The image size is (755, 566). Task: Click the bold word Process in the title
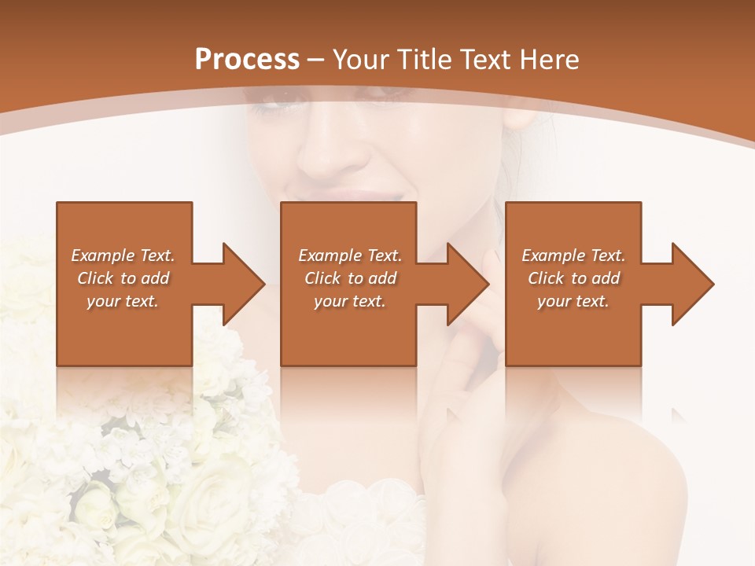[247, 60]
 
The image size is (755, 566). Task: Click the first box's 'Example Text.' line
[123, 255]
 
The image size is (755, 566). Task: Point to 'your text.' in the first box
[123, 301]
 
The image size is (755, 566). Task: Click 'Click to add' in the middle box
[350, 278]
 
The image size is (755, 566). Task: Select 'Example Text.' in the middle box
[350, 255]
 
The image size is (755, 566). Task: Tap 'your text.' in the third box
[573, 301]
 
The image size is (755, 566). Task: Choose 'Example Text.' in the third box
[573, 255]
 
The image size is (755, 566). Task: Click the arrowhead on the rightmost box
[691, 284]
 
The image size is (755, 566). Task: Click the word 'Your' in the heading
[360, 60]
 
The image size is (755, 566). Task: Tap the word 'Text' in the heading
[486, 60]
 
